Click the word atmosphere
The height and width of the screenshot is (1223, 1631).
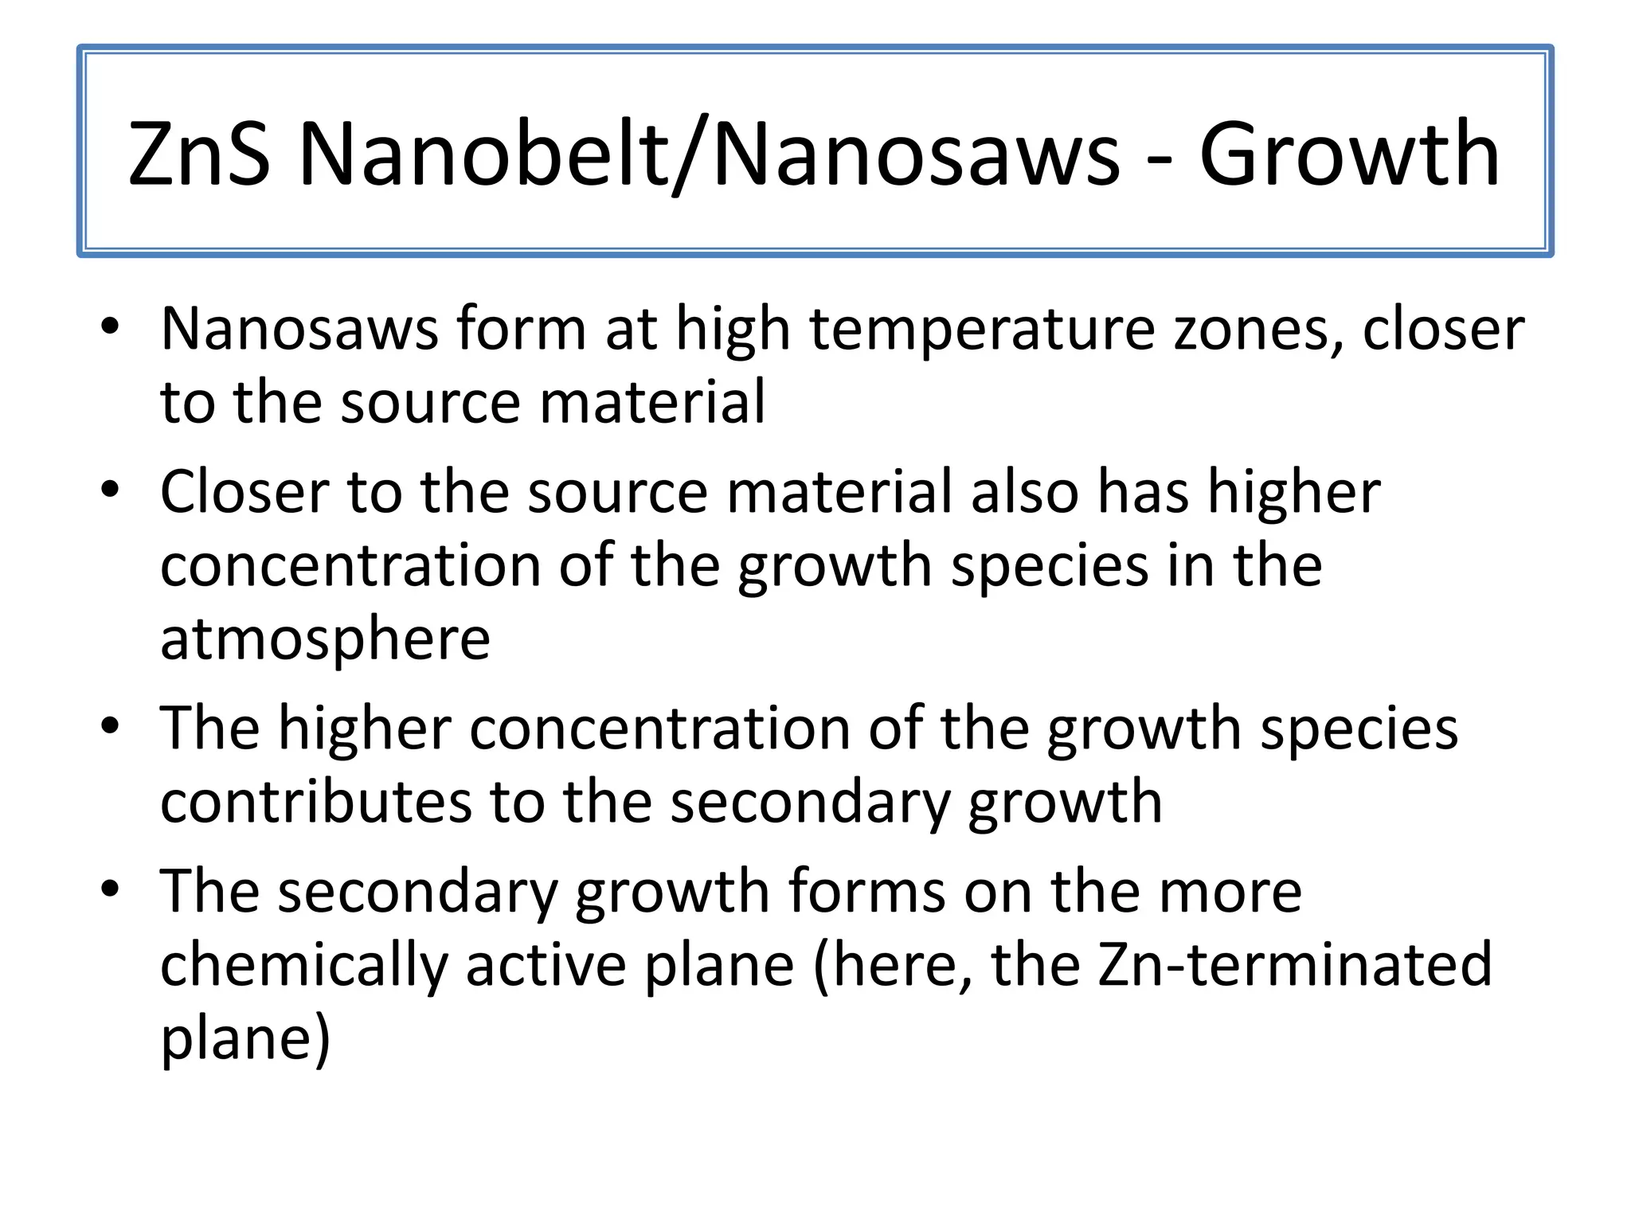pos(325,639)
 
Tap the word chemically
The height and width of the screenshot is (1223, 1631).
pos(303,965)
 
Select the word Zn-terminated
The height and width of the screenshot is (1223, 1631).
pos(1293,965)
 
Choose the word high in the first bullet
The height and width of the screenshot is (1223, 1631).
pos(733,329)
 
